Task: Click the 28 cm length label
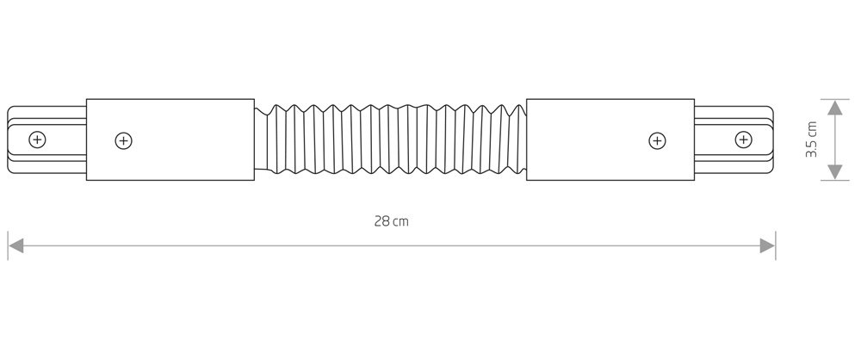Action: coord(392,221)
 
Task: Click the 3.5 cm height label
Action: coord(811,140)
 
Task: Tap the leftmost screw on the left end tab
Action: coord(37,140)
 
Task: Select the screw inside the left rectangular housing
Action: coord(123,141)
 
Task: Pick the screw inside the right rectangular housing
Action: coord(657,141)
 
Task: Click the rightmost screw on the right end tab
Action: coord(744,140)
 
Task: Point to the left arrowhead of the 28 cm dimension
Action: coord(15,245)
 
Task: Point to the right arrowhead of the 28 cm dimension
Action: coord(767,245)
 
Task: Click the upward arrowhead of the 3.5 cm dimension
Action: coord(834,107)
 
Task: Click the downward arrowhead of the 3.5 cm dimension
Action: coord(834,172)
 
